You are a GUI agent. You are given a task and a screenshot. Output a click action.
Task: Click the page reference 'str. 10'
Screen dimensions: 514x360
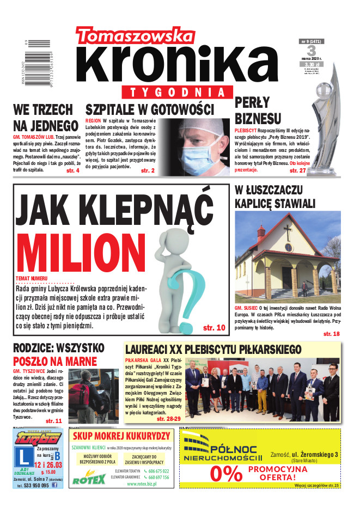(x=213, y=328)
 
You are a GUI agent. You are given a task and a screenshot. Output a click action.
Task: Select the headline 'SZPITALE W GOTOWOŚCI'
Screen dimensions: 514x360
(x=149, y=109)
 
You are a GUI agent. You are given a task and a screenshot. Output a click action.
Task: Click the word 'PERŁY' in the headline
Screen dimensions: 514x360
(x=252, y=102)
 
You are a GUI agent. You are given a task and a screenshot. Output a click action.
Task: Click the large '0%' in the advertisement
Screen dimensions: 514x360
(x=225, y=474)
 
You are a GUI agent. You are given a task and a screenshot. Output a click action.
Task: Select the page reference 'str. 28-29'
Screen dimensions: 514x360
(x=168, y=419)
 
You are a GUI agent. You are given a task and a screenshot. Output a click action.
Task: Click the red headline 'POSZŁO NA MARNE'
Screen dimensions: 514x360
(x=54, y=362)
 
